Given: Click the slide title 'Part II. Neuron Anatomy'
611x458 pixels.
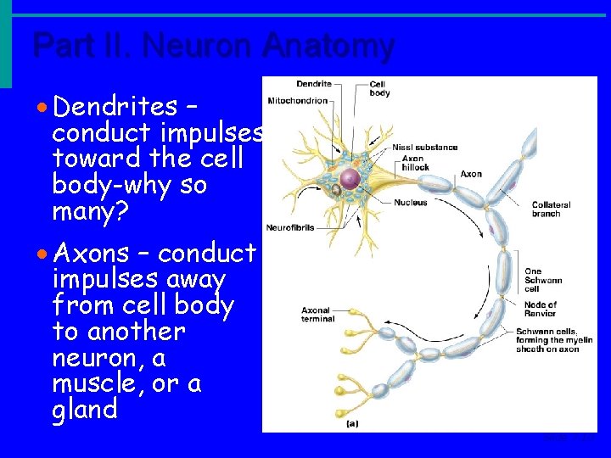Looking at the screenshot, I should [x=213, y=45].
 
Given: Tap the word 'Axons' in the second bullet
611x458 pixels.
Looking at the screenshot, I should [x=91, y=253].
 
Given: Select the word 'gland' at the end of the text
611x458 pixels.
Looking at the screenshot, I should [x=85, y=411].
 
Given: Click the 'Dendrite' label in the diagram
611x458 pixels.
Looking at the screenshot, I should [x=313, y=84].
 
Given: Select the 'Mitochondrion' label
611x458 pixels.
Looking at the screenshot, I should [x=297, y=100].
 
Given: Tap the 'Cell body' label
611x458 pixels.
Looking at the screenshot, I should [x=379, y=88].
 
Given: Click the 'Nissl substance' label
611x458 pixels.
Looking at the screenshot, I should [x=425, y=148].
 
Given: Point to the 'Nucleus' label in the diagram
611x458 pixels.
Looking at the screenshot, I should [x=410, y=203].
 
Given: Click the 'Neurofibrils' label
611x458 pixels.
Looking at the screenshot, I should [x=291, y=227].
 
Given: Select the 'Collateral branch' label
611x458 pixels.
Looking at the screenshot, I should [x=551, y=209].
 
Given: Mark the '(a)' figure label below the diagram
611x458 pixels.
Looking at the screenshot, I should [x=351, y=422].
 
